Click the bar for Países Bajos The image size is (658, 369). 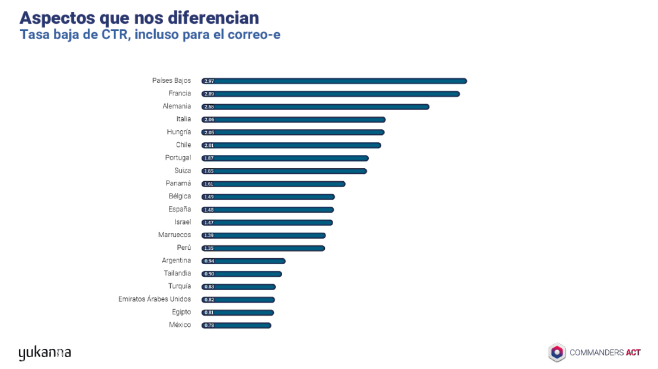click(x=334, y=81)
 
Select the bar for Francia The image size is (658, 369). click(x=330, y=94)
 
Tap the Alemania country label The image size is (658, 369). click(x=177, y=107)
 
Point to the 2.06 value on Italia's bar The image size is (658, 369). click(x=209, y=120)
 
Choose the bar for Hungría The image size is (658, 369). click(x=293, y=133)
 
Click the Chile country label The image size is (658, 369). click(x=183, y=145)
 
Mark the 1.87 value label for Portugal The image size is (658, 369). click(x=209, y=159)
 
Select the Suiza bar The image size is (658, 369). click(x=284, y=171)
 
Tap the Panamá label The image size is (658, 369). click(x=178, y=184)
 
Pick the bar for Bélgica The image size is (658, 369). click(x=268, y=197)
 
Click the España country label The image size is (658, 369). click(x=180, y=210)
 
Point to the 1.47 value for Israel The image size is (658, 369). click(x=209, y=223)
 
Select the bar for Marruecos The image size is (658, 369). click(x=263, y=236)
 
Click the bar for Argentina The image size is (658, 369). click(x=243, y=261)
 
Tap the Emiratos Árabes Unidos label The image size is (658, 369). click(x=155, y=300)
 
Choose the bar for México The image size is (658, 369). click(x=236, y=326)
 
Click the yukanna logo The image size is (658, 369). click(x=44, y=353)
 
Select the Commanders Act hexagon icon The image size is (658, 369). click(x=557, y=352)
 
